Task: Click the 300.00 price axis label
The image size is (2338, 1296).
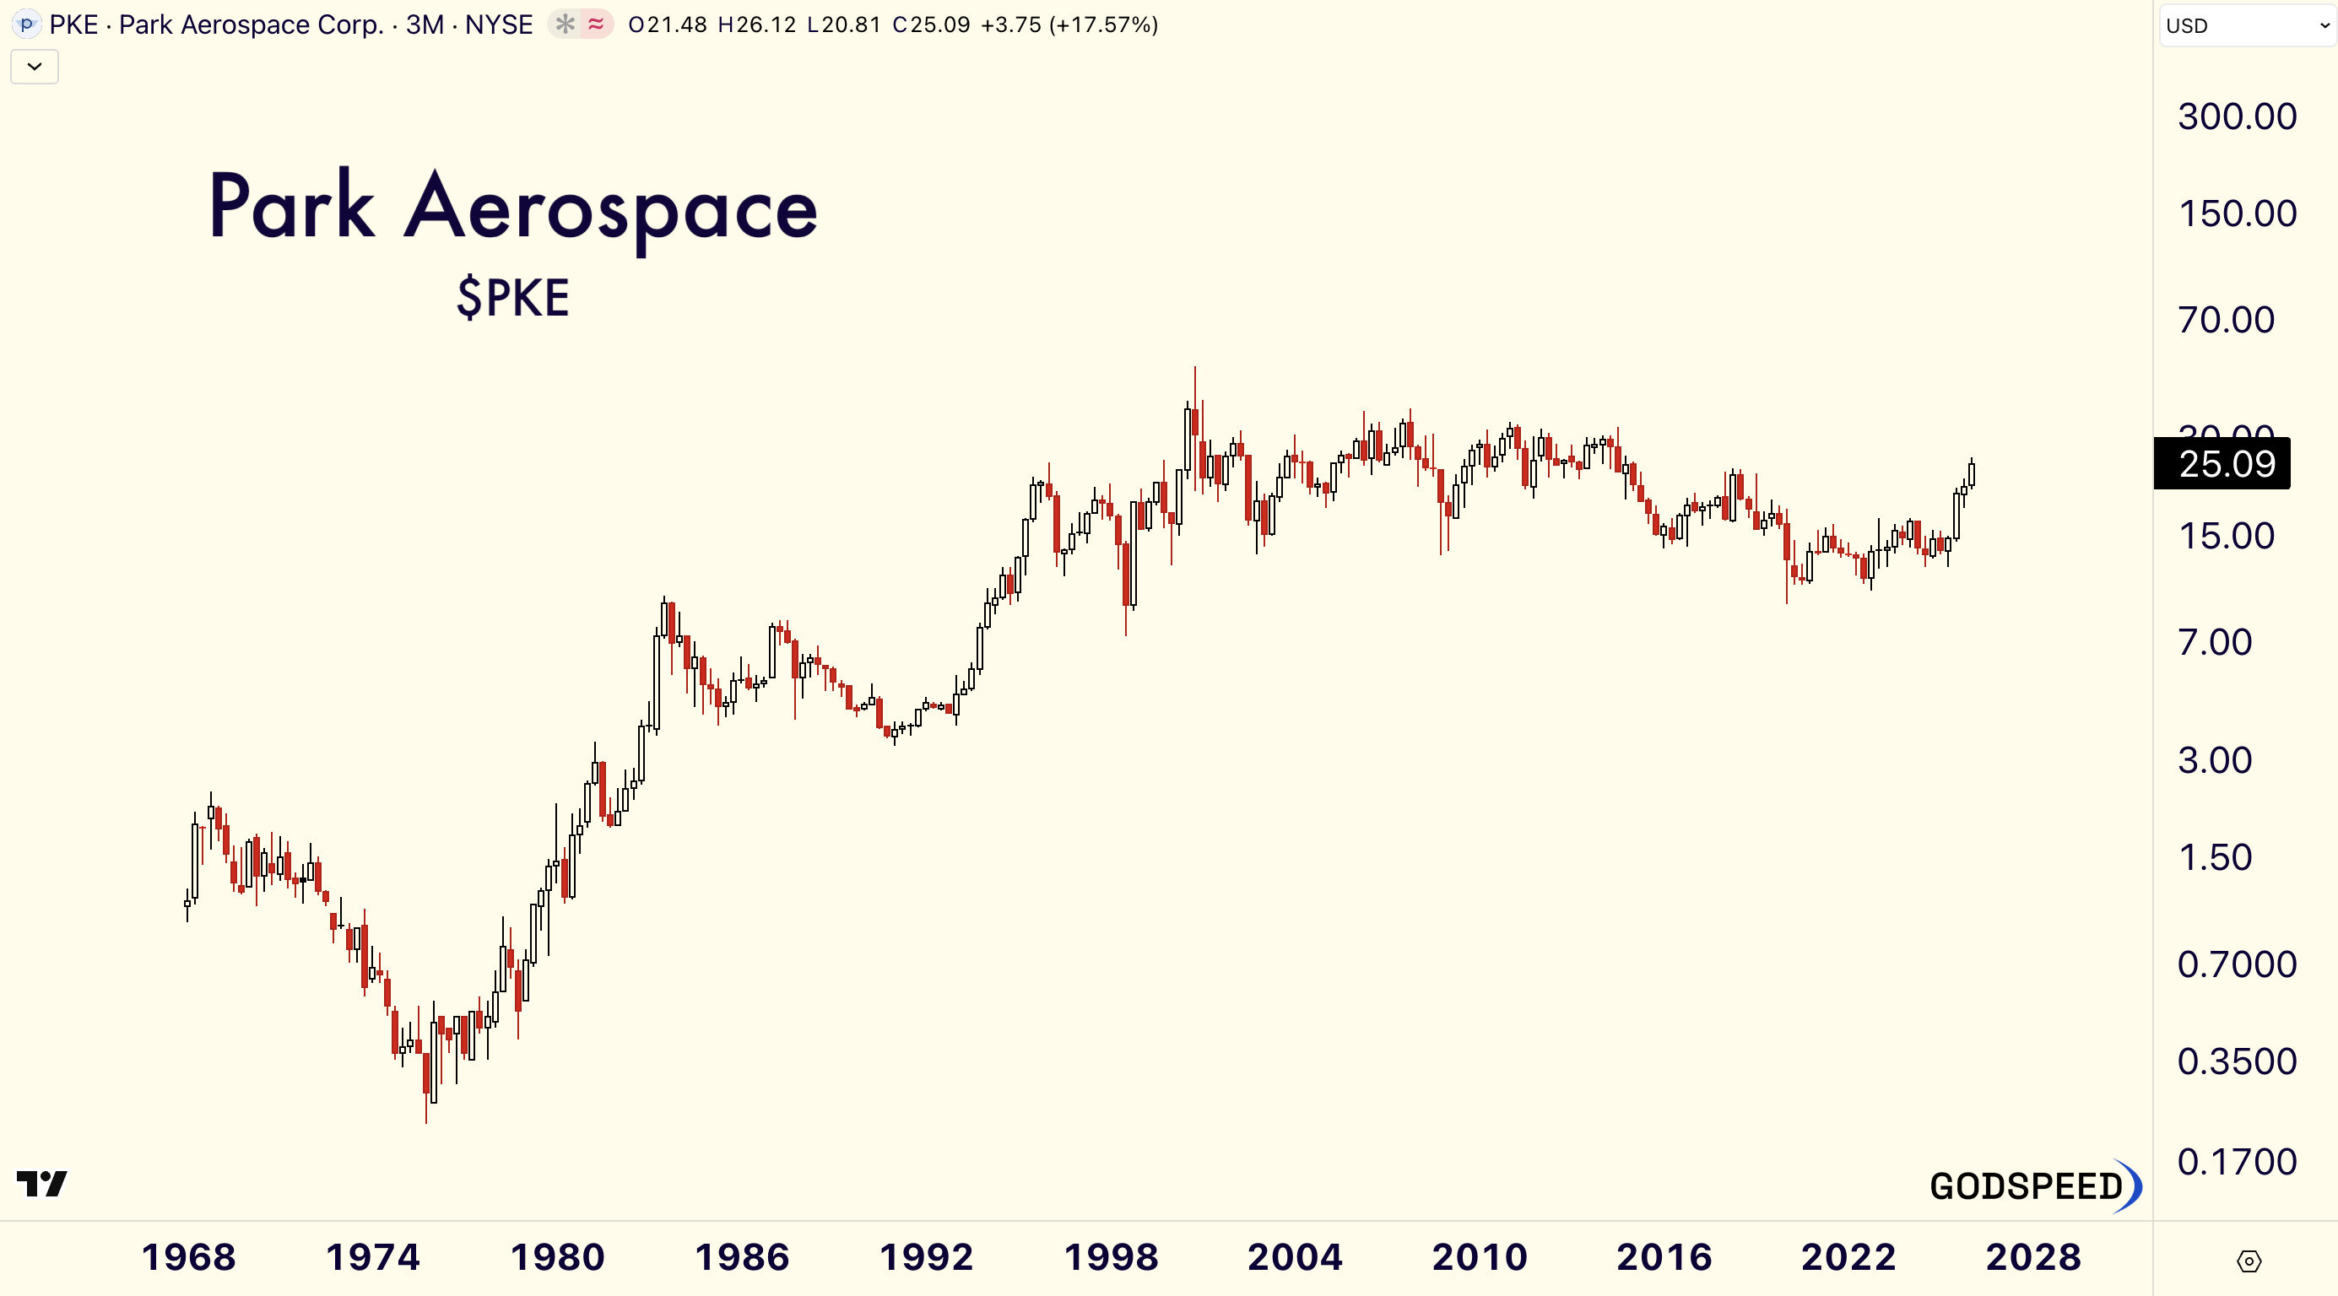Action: click(x=2237, y=117)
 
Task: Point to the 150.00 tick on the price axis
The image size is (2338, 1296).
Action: click(x=2237, y=214)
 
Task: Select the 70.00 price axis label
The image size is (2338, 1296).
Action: click(x=2226, y=321)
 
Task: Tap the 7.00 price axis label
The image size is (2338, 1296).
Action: click(x=2215, y=643)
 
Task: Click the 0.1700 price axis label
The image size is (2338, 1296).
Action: click(x=2237, y=1162)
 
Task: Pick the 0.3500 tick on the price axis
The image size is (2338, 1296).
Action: click(x=2237, y=1061)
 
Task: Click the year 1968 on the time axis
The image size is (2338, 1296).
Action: click(x=189, y=1258)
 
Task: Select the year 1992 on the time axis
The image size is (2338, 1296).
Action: click(x=926, y=1258)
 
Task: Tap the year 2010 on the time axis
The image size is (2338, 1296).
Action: click(x=1480, y=1258)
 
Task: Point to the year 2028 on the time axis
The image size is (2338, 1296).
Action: click(x=2033, y=1258)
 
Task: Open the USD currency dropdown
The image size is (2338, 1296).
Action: click(x=2245, y=25)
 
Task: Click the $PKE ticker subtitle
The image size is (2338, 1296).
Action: click(x=513, y=298)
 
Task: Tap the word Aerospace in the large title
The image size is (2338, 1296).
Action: click(x=610, y=208)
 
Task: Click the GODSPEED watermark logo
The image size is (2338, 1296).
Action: click(x=2033, y=1186)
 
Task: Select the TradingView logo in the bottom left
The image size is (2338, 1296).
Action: click(x=41, y=1184)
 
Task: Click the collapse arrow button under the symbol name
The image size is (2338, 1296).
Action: click(x=35, y=67)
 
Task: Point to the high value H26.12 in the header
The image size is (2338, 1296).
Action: click(x=756, y=24)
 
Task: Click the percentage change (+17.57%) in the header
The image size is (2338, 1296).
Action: click(x=1103, y=24)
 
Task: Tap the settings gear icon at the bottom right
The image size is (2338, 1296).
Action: click(x=2249, y=1261)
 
